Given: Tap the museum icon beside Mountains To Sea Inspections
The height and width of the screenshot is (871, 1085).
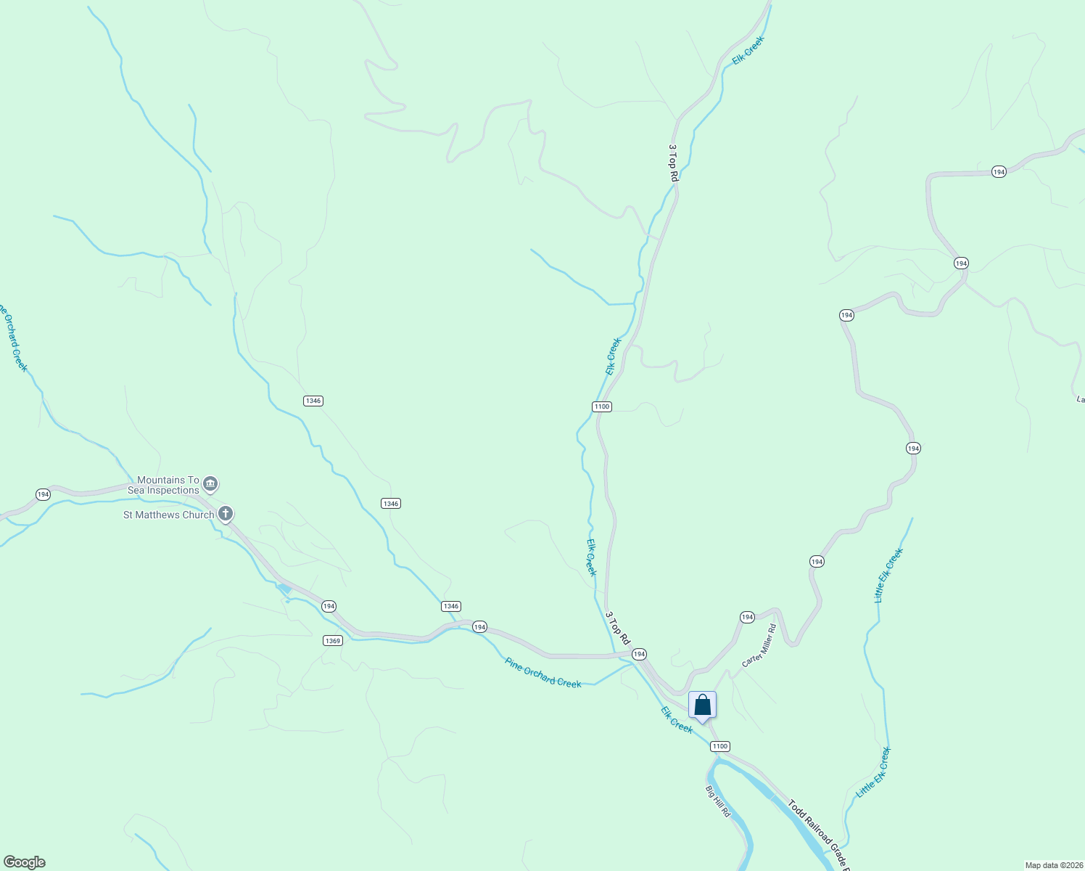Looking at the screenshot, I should pos(210,483).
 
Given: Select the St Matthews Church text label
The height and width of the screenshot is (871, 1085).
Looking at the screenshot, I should pos(168,515).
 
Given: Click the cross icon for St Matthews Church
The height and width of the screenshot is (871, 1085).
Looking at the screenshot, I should pos(226,515).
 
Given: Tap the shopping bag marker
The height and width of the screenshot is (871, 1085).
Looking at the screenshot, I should pos(702,706).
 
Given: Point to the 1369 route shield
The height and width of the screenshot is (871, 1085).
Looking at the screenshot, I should pos(333,641).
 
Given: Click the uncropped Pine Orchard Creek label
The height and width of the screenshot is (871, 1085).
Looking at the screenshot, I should pos(543,673).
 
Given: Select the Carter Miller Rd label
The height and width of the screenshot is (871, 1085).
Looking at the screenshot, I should pos(759,645).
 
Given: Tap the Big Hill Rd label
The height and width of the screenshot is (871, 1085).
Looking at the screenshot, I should pos(717,801).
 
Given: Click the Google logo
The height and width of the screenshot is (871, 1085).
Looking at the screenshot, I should pos(24,862).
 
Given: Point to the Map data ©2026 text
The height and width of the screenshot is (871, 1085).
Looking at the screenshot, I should pos(1054,865).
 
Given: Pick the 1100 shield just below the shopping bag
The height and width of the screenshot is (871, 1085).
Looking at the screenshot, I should pos(719,746).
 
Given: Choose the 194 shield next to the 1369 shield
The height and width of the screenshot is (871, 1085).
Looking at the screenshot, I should pos(329,606).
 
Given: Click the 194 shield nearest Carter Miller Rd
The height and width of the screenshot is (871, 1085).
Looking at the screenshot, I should pos(747,617).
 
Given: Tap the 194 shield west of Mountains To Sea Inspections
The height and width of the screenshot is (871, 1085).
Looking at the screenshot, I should pos(43,494).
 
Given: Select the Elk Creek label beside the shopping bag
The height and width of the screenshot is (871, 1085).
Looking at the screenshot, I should pos(677,719).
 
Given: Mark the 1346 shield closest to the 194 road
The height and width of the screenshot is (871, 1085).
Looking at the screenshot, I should pos(450,606).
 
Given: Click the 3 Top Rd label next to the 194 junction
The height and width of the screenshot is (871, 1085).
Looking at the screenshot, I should pos(617,627).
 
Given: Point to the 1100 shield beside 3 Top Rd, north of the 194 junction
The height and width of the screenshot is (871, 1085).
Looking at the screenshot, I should pos(601,406).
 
